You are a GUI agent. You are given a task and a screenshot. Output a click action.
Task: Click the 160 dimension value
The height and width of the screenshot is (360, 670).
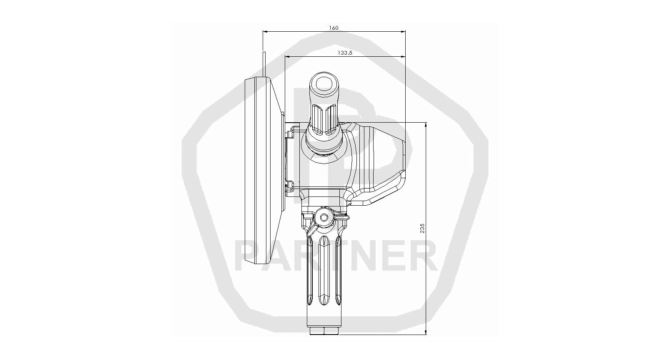click(334, 28)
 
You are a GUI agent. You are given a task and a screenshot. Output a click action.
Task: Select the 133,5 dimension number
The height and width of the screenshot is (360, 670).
click(345, 53)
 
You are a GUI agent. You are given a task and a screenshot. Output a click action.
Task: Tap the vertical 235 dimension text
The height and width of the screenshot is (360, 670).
click(422, 228)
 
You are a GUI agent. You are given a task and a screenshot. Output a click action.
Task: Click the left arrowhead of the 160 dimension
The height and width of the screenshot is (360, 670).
click(265, 31)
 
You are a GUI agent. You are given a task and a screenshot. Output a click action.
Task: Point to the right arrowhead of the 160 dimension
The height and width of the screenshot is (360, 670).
click(403, 31)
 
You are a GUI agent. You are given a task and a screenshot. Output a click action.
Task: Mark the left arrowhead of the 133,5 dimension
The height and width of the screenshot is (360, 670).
click(287, 56)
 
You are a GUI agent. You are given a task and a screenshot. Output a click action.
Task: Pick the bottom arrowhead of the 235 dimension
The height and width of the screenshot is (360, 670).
click(426, 332)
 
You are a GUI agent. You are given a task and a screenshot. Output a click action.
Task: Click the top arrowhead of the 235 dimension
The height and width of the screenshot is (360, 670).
click(426, 125)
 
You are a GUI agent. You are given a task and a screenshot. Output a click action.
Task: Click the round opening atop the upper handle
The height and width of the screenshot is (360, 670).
click(324, 83)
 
